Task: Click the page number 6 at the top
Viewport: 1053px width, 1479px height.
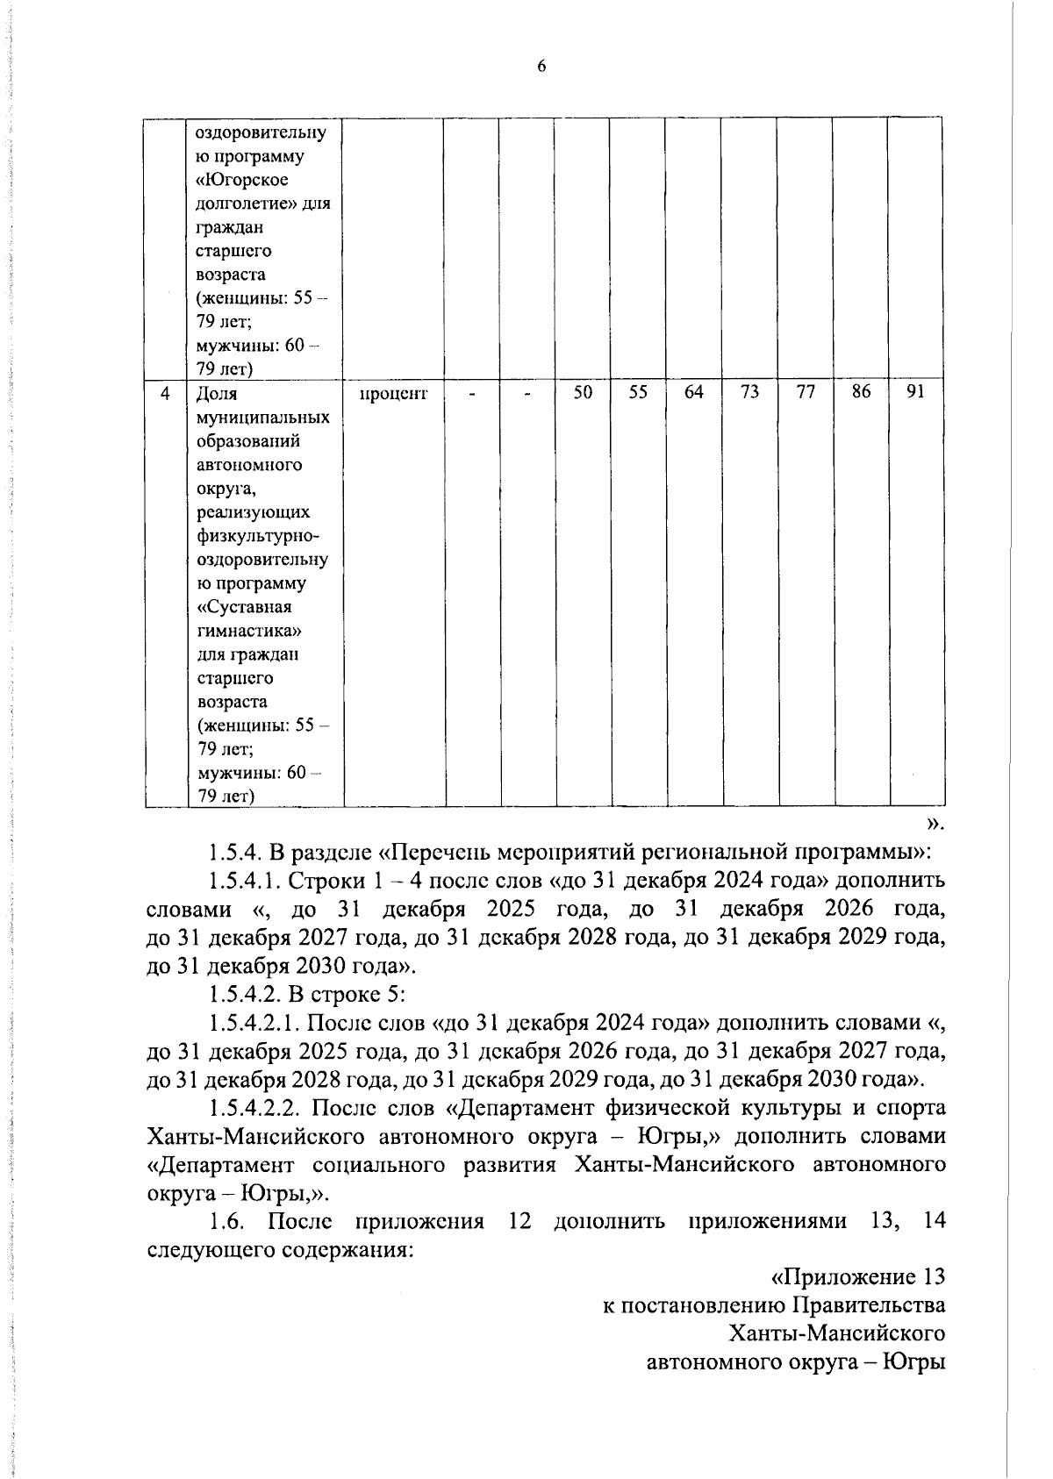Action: [x=541, y=68]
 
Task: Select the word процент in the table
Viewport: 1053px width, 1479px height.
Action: [x=393, y=394]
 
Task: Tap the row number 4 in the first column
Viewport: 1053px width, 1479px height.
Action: [x=165, y=394]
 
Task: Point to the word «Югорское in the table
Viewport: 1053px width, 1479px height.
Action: [x=240, y=180]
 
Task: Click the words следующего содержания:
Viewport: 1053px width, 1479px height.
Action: [x=281, y=1250]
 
